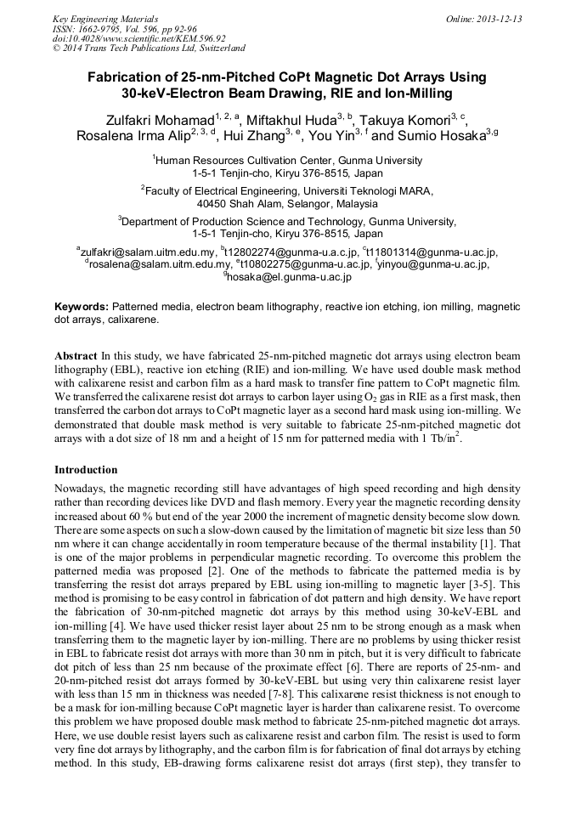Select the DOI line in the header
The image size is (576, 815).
pyautogui.click(x=139, y=38)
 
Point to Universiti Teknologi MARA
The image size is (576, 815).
pyautogui.click(x=363, y=192)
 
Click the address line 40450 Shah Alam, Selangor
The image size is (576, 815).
pyautogui.click(x=287, y=205)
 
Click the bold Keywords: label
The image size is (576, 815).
pyautogui.click(x=82, y=306)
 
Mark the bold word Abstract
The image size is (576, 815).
pyautogui.click(x=76, y=354)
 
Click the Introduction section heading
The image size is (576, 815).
pyautogui.click(x=86, y=470)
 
